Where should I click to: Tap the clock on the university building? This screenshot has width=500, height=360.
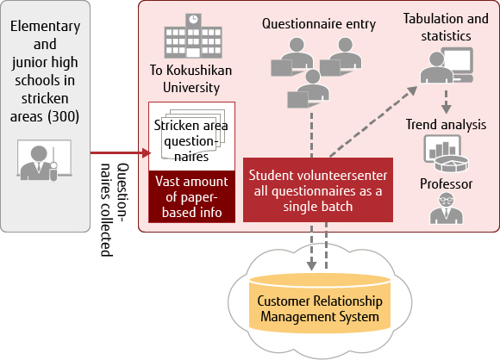[x=193, y=19]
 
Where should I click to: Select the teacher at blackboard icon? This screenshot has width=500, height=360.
[x=44, y=160]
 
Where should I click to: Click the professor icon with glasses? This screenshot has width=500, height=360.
[x=446, y=208]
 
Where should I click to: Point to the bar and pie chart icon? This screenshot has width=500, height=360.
[x=446, y=153]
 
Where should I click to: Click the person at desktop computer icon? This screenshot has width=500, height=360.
[x=447, y=65]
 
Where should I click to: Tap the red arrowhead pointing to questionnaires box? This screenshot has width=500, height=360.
[x=147, y=153]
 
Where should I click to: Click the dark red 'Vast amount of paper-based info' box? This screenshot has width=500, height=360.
[x=191, y=196]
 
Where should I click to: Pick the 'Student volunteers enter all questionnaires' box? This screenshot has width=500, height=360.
[x=318, y=189]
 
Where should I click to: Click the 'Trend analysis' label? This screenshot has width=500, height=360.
[x=446, y=125]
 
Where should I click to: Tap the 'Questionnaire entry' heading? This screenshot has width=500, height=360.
[x=319, y=24]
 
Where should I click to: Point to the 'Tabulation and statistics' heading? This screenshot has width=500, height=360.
[x=446, y=27]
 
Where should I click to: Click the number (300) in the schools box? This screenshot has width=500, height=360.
[x=64, y=116]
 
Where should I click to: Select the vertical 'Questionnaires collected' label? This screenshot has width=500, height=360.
[x=115, y=209]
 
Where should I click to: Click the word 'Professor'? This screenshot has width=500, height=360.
[x=446, y=183]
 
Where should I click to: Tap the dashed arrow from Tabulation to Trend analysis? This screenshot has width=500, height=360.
[x=446, y=102]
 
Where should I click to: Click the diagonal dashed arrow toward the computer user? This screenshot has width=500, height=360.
[x=373, y=121]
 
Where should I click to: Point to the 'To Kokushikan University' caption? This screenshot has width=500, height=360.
[x=191, y=78]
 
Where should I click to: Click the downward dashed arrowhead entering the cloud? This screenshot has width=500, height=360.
[x=311, y=265]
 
